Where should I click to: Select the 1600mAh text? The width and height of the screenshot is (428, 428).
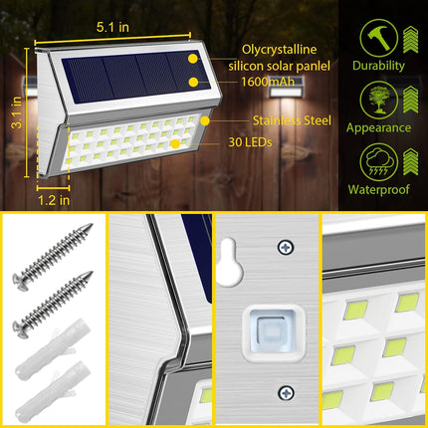tap(266, 83)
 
